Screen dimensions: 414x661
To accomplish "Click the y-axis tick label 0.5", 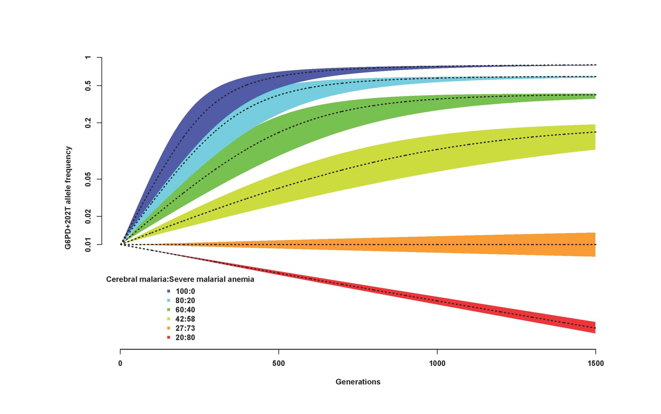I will point(88,86).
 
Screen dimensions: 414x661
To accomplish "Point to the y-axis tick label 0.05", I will point(88,179).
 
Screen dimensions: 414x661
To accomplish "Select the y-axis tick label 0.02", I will point(88,217).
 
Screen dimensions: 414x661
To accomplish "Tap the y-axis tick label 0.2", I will point(88,123).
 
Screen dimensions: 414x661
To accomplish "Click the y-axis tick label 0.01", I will point(88,245).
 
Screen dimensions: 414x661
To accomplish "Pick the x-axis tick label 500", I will point(279,364).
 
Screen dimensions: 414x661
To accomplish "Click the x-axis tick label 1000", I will point(437,364).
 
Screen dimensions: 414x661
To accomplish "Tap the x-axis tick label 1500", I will point(595,364).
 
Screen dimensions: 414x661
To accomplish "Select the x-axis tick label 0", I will point(120,364).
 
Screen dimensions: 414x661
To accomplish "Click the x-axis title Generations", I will point(358,382).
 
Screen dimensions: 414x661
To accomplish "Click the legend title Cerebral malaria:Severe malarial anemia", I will point(180,279).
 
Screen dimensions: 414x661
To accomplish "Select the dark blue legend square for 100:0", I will point(169,291).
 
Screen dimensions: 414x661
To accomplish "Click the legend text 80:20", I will point(185,300).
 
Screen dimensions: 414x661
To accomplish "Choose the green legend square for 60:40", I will point(169,310).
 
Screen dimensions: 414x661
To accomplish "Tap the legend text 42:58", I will point(185,319).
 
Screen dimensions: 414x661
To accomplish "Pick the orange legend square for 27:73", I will point(169,328).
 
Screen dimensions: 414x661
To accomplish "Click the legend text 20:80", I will point(185,337).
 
